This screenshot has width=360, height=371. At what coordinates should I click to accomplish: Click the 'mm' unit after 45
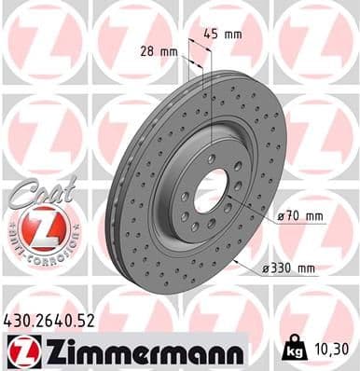(x=235, y=34)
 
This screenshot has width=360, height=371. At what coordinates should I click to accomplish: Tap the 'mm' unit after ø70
(x=313, y=216)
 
